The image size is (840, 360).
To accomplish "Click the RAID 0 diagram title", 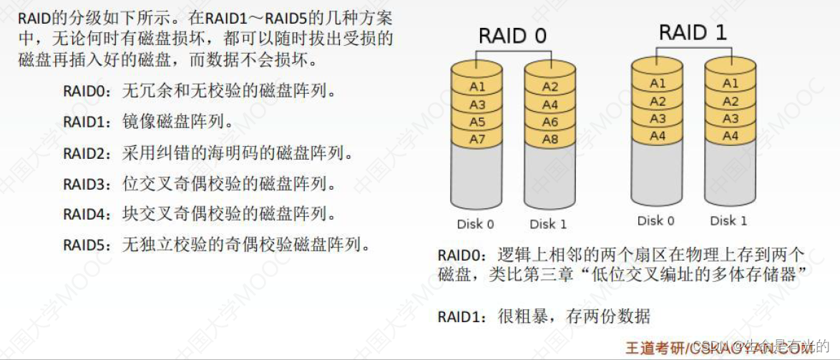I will tap(513, 37).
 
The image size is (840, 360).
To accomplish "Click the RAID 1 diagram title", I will tap(693, 33).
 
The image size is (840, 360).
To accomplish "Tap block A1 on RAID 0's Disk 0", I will tap(477, 87).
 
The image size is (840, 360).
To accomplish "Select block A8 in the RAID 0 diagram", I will tap(550, 140).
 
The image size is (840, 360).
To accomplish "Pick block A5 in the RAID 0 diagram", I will tap(477, 122).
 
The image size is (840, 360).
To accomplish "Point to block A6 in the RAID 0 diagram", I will tap(550, 122).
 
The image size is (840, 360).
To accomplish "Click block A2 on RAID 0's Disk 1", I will tap(550, 87).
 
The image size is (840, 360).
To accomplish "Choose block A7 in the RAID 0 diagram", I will tap(477, 140).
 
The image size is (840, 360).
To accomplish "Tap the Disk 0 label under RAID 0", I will tap(475, 224).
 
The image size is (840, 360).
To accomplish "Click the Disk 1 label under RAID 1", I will tap(728, 220).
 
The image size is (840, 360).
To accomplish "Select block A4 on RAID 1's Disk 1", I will tap(730, 135).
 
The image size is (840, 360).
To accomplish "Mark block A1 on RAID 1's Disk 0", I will tap(658, 84).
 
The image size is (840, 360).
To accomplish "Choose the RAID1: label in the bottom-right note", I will tap(462, 316).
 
